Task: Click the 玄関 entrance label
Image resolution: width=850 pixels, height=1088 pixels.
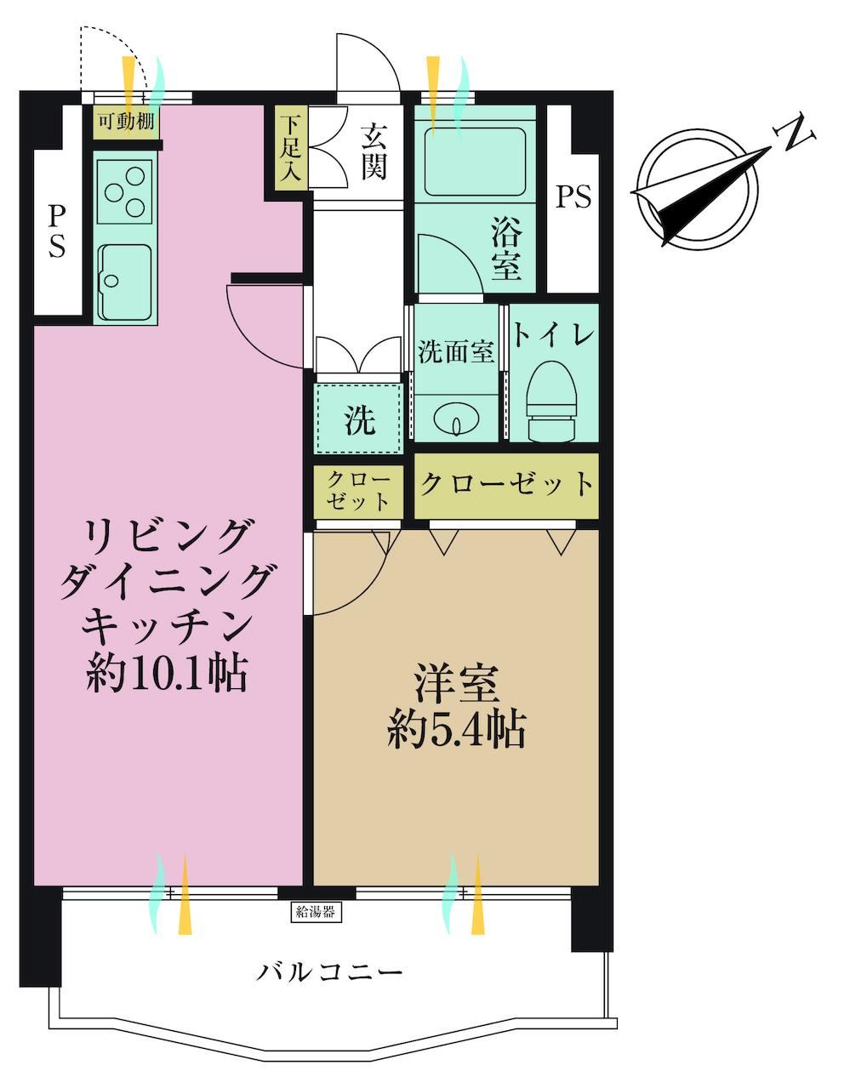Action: (374, 152)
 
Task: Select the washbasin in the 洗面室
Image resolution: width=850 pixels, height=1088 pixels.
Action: (455, 419)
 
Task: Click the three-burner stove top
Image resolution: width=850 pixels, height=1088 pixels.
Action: (124, 192)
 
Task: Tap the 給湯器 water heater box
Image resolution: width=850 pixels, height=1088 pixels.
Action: (316, 912)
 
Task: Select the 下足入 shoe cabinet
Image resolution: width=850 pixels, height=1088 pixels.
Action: (291, 148)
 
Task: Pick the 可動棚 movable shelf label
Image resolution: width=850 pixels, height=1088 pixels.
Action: (126, 122)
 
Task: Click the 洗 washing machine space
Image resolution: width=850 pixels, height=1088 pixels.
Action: (358, 419)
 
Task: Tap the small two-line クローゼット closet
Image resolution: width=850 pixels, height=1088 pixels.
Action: (358, 492)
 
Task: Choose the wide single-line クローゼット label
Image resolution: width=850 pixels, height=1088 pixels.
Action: (506, 484)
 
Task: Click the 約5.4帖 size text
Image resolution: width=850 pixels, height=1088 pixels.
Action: (456, 736)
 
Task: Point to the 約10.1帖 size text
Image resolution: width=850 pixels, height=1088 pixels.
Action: (167, 674)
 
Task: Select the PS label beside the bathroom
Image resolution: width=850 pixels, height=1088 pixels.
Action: (573, 197)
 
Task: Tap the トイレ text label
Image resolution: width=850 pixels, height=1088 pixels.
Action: (553, 335)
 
